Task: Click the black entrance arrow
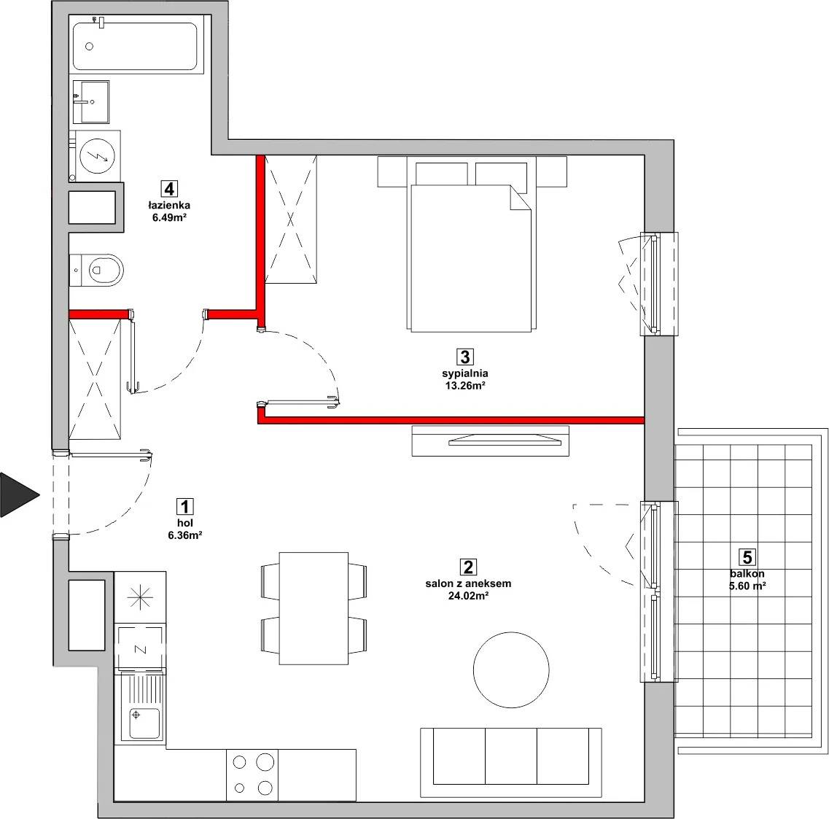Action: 18,494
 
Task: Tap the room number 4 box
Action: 169,189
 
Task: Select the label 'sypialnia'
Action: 465,374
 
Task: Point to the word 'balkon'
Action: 747,574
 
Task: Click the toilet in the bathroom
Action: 97,270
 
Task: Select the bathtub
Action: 136,45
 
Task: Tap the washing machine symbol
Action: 98,156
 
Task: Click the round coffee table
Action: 510,670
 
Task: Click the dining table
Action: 314,608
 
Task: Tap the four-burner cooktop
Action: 252,775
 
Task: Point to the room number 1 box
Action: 184,507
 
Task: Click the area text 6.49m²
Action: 169,217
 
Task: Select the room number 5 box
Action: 747,557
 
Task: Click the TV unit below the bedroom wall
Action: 491,440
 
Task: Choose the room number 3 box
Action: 464,357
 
